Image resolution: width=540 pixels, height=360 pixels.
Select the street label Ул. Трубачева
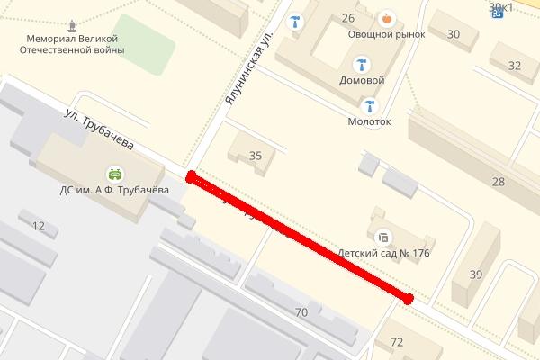(99, 130)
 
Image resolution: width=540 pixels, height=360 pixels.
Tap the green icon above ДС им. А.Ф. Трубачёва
(115, 172)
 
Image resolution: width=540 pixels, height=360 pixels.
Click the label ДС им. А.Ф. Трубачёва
(115, 190)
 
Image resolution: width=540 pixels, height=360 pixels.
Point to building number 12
(38, 226)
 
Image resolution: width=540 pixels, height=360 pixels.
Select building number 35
(256, 156)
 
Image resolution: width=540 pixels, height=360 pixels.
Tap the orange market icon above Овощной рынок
(387, 17)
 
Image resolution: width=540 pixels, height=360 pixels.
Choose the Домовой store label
(362, 80)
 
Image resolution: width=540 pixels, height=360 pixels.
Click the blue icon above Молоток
(369, 104)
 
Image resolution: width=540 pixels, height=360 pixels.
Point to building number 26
(348, 17)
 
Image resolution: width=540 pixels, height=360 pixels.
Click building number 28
(498, 182)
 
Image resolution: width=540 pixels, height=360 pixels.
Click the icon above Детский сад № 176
(382, 238)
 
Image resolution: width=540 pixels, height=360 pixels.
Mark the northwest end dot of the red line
(190, 176)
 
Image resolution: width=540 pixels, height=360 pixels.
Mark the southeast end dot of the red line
(409, 299)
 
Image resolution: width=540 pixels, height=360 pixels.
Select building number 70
(301, 312)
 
